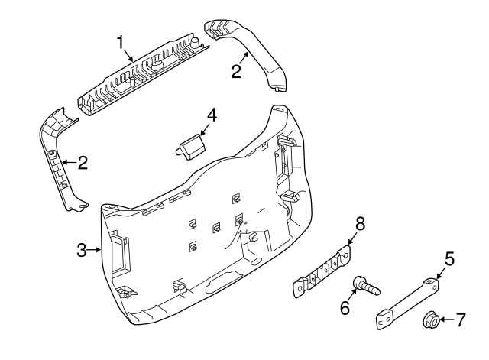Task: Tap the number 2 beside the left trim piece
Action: [x=83, y=162]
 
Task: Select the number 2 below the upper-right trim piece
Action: [x=237, y=72]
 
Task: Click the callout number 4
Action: [x=212, y=115]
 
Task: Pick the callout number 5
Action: [x=449, y=258]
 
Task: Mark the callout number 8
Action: [x=360, y=223]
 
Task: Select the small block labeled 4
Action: [x=191, y=146]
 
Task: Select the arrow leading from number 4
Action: [x=202, y=127]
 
